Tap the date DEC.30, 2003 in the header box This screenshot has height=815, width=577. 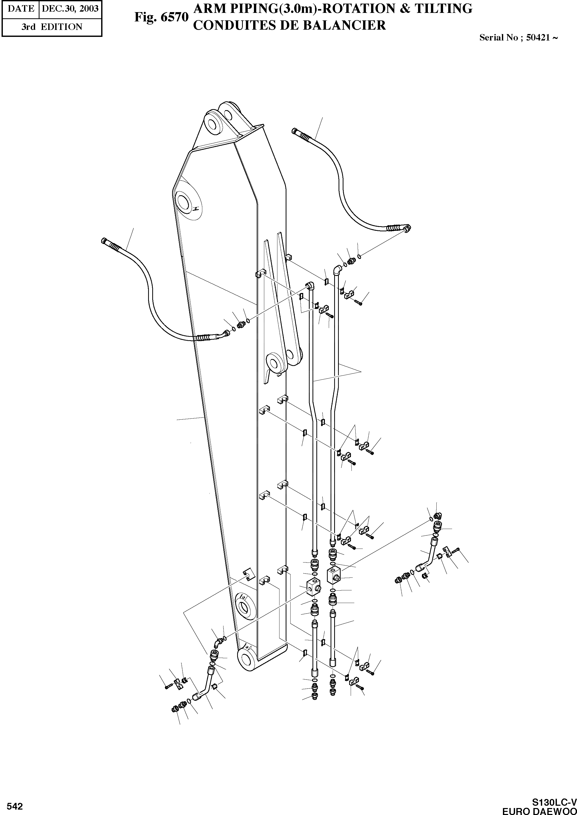(70, 9)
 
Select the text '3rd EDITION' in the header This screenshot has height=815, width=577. (52, 27)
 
